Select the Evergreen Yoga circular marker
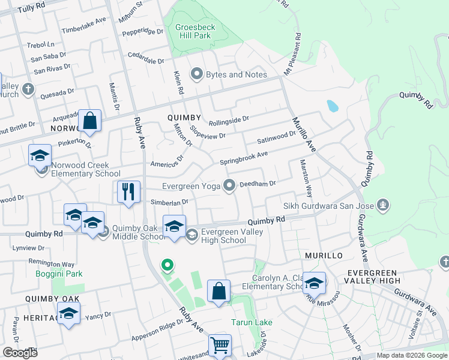[229, 186]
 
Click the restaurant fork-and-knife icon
[128, 191]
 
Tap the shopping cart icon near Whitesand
[220, 346]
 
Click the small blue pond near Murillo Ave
[332, 106]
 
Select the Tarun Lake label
[252, 322]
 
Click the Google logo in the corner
[20, 352]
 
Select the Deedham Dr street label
[257, 184]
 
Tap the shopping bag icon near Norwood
[89, 121]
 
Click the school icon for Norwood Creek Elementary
[40, 155]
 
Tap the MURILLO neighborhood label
[323, 256]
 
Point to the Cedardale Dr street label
[145, 61]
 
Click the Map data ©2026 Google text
[411, 355]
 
